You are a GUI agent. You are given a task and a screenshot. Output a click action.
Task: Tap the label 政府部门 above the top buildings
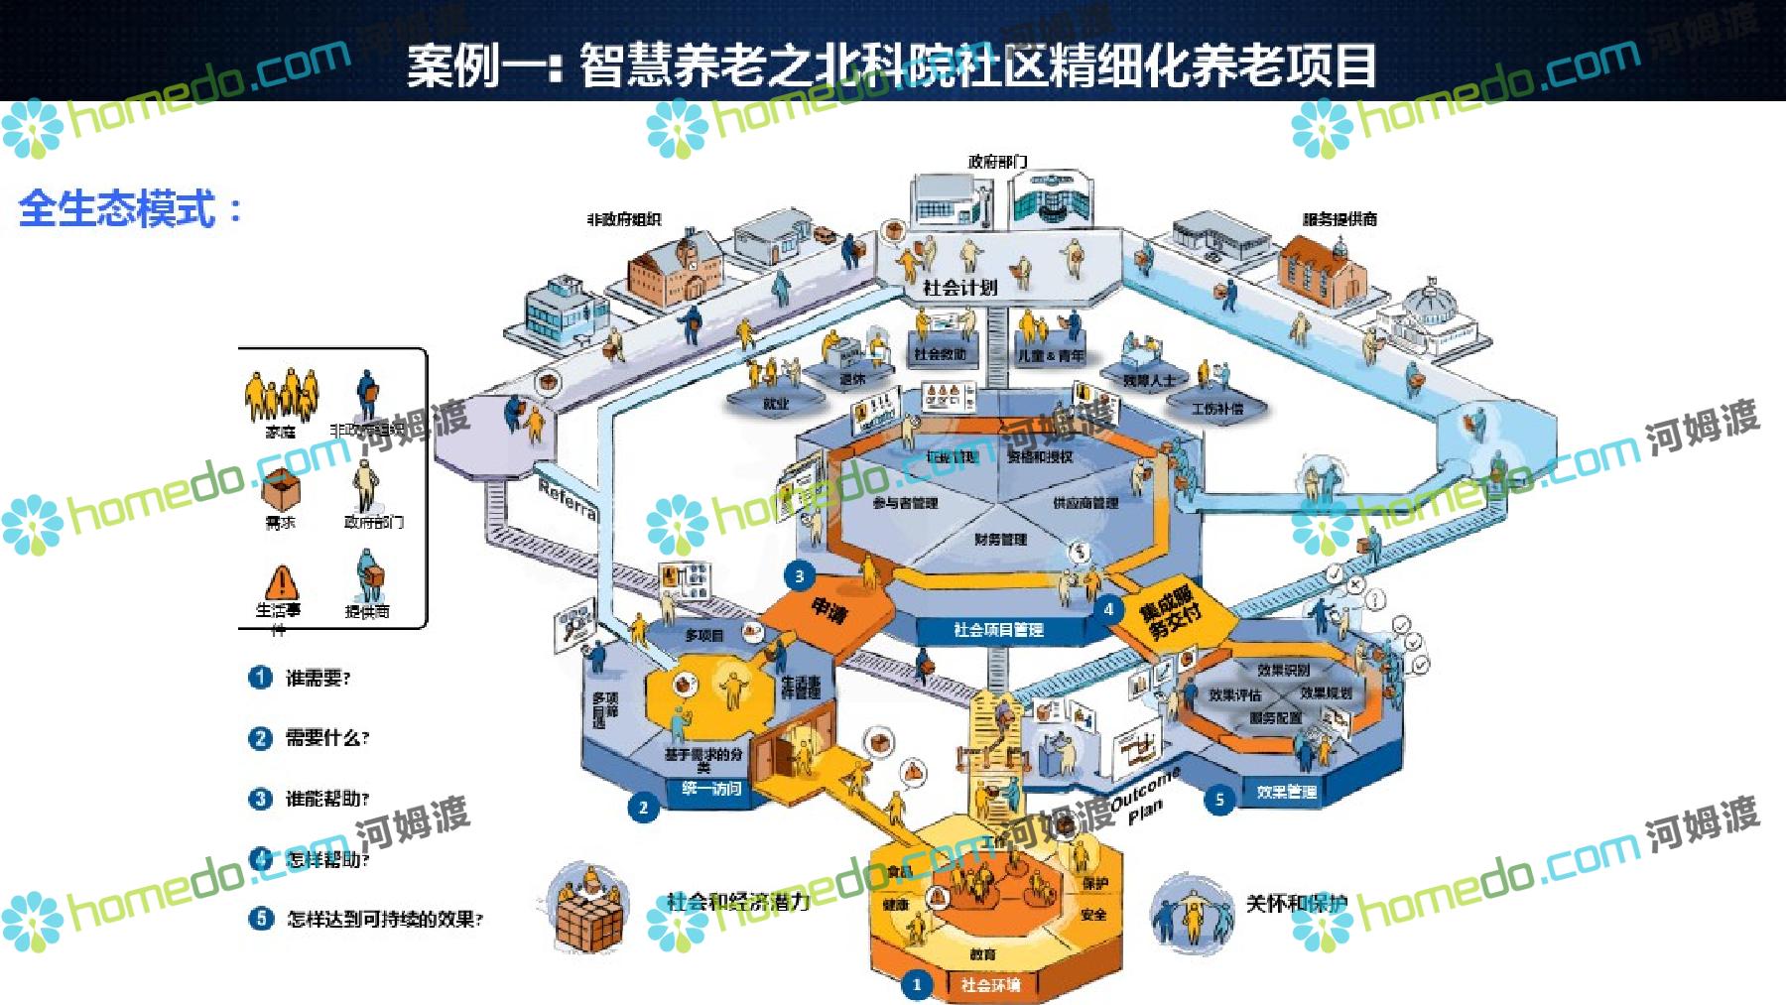[x=997, y=161]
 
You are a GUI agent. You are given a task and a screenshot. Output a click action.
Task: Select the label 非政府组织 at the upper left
[x=624, y=220]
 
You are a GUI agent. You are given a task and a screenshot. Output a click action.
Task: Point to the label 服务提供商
[x=1339, y=219]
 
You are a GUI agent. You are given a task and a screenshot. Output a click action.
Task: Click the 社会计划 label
[x=959, y=287]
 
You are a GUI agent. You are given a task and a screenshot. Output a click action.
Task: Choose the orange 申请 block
[x=829, y=608]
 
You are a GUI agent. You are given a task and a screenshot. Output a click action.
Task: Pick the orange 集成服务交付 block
[x=1171, y=613]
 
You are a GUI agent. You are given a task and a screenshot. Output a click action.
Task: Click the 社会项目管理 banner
[x=998, y=629]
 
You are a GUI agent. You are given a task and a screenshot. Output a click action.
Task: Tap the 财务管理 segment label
[x=1000, y=539]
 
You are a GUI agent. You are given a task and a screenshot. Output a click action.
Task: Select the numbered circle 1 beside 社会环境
[x=917, y=984]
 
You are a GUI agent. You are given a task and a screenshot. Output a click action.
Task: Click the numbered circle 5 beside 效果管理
[x=1219, y=799]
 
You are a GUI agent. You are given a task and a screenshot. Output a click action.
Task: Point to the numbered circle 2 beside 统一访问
[x=643, y=807]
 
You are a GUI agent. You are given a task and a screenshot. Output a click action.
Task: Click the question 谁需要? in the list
[x=318, y=679]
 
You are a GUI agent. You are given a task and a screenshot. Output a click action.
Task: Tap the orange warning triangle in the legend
[x=281, y=581]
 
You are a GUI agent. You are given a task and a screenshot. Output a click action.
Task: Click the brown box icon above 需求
[x=281, y=489]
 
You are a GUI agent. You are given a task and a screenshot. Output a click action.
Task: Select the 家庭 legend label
[x=281, y=432]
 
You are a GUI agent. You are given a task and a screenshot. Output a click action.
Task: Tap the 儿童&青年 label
[x=1051, y=355]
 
